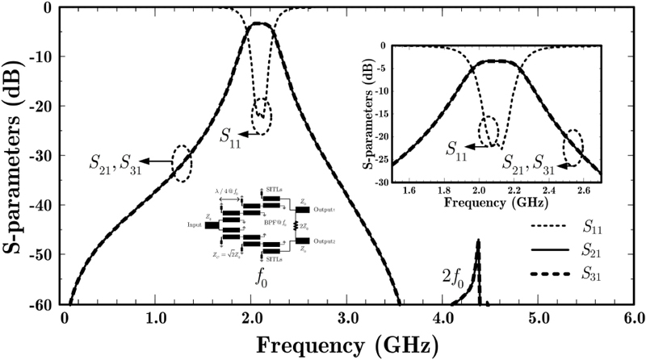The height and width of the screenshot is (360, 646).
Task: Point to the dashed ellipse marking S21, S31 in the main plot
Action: tap(182, 162)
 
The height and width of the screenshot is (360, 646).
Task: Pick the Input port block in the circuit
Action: tap(212, 226)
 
